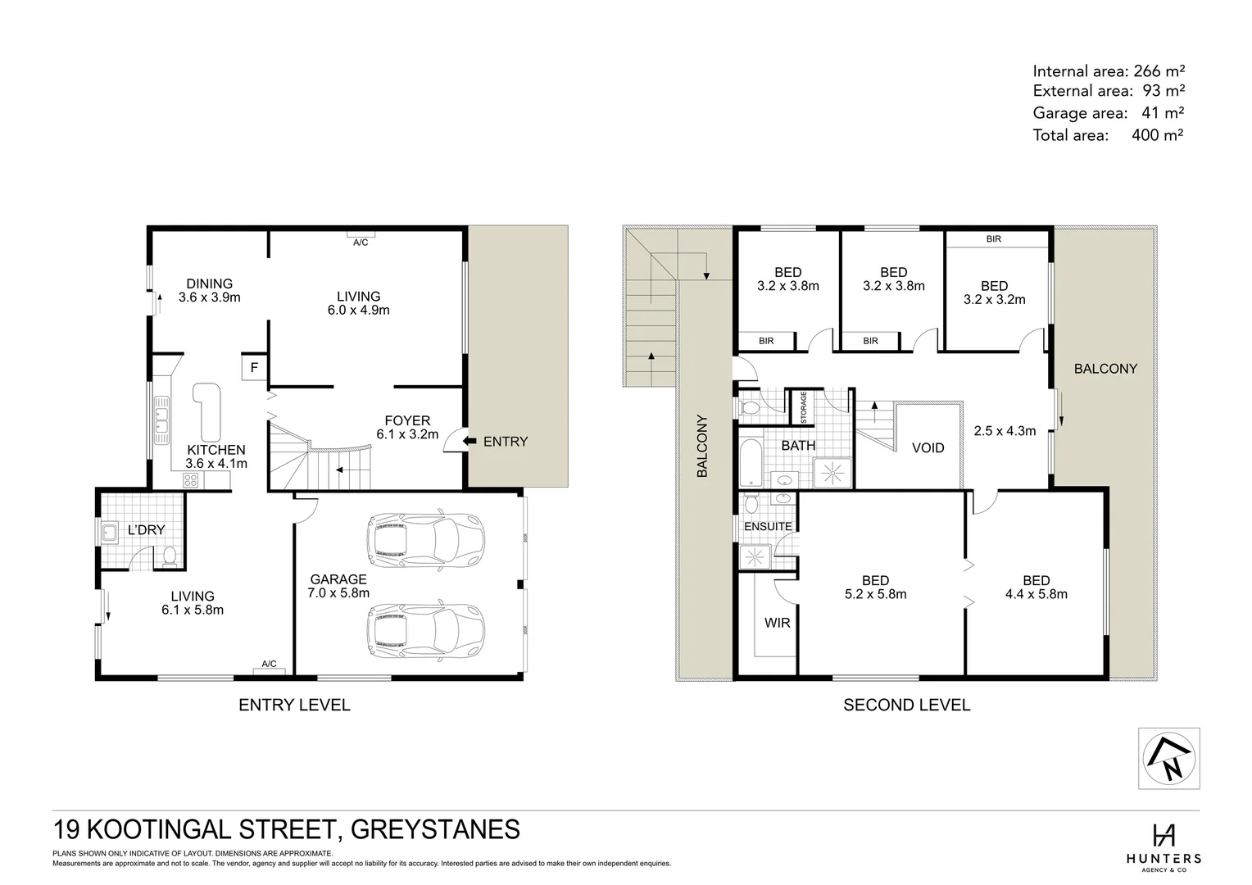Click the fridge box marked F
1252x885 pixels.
point(254,368)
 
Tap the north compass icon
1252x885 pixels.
point(1169,758)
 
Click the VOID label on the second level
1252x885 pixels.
point(928,447)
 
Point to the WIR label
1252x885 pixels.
point(777,623)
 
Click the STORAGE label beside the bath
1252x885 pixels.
point(804,407)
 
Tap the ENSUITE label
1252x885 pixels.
point(768,526)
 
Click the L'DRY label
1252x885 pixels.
point(146,529)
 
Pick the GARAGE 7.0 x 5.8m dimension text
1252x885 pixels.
point(338,593)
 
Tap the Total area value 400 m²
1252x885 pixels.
point(1157,134)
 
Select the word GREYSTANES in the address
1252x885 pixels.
point(435,829)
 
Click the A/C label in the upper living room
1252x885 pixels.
point(361,243)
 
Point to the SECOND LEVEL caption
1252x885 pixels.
point(906,705)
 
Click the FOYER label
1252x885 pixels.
point(407,420)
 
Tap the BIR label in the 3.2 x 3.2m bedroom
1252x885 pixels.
point(993,239)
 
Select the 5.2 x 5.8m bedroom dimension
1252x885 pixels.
point(875,594)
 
